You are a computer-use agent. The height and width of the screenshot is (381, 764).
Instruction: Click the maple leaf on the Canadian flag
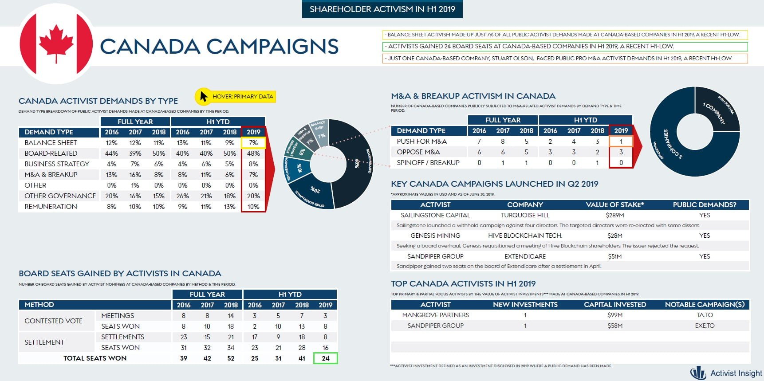[x=56, y=43]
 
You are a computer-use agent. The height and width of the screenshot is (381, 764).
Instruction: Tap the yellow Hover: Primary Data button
[x=235, y=96]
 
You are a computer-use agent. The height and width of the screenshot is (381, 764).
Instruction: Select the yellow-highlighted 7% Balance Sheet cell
[x=253, y=143]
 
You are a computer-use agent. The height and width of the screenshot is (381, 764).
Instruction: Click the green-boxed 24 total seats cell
[x=325, y=358]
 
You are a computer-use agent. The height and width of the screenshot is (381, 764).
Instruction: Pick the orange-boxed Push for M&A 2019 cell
[x=621, y=141]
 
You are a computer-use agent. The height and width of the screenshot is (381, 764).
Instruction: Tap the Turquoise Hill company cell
[x=525, y=215]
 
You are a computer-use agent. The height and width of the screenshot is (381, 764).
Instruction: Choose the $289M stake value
[x=614, y=215]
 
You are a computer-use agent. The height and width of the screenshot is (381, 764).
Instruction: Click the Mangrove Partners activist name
[x=435, y=315]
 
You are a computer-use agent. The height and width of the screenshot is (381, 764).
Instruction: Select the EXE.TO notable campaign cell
[x=705, y=326]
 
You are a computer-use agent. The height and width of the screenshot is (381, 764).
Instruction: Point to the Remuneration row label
[x=51, y=207]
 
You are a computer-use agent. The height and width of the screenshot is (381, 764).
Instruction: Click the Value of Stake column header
[x=614, y=204]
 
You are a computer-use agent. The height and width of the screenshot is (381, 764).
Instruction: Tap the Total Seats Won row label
[x=95, y=358]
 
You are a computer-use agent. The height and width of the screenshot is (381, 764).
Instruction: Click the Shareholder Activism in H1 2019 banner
[x=382, y=9]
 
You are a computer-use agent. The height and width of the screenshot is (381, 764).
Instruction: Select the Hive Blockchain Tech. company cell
[x=525, y=236]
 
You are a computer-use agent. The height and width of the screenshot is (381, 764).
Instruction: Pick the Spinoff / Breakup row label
[x=428, y=163]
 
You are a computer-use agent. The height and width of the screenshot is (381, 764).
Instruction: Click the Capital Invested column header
[x=614, y=304]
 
